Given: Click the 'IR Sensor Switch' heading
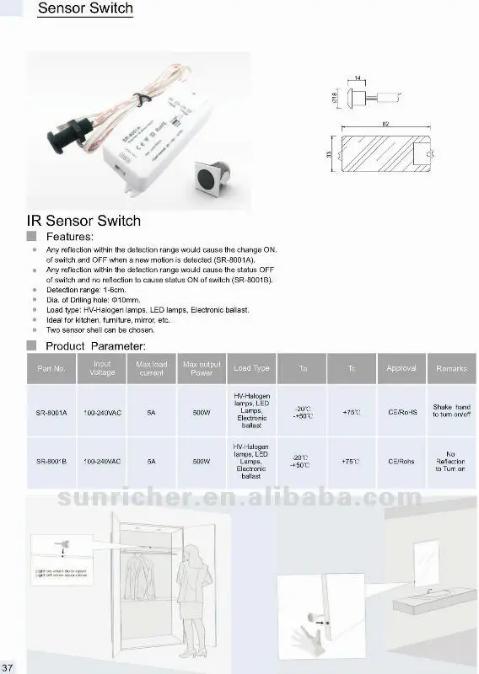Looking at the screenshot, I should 84,221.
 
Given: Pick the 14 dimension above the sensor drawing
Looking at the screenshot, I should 358,78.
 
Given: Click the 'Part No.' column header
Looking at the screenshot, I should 51,368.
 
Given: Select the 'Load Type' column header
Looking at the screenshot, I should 251,368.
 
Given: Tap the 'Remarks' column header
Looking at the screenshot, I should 451,368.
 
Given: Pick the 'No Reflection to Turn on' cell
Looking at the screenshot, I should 451,462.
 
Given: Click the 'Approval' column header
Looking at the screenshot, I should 401,368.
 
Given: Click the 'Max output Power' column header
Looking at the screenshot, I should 202,368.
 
